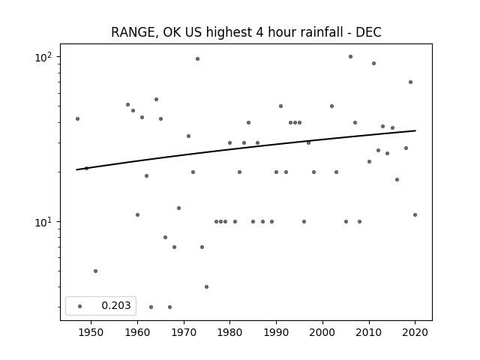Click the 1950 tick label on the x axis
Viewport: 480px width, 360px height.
point(91,332)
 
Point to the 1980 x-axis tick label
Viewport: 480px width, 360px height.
point(229,332)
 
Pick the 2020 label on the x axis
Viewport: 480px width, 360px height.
point(415,332)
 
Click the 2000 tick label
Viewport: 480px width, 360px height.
point(322,332)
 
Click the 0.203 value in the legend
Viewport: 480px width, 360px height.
point(116,305)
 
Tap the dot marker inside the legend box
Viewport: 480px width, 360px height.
point(79,306)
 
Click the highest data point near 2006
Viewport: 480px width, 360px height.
point(350,57)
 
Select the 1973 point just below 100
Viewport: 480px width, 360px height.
point(197,58)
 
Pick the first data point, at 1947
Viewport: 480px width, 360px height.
point(77,118)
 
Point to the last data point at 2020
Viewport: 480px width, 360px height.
point(415,215)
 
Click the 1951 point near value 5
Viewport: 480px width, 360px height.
point(95,271)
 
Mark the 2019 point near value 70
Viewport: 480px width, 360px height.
point(410,82)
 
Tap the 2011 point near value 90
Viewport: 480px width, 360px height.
point(373,63)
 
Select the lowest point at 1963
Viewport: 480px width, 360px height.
point(151,307)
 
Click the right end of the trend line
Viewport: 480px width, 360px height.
point(415,130)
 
